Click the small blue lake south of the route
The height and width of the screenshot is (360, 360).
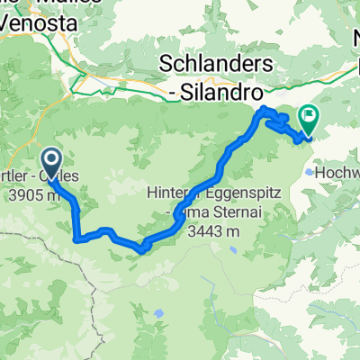158,313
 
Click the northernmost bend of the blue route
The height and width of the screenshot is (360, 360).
265,109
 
